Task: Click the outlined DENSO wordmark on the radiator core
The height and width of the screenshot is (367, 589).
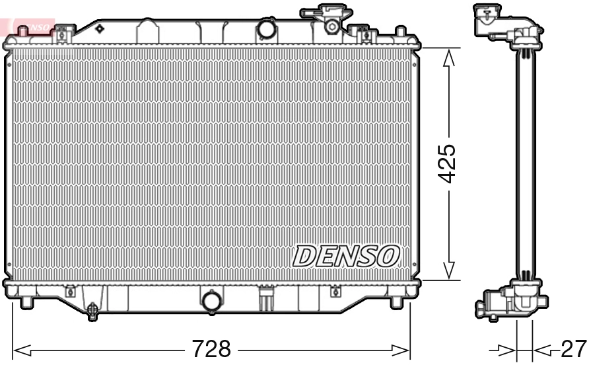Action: (x=347, y=255)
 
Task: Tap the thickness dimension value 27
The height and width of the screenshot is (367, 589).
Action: (x=572, y=348)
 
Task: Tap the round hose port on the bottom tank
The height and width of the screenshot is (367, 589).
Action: (x=213, y=301)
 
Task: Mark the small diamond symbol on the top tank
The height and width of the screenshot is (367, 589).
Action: (x=100, y=28)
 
